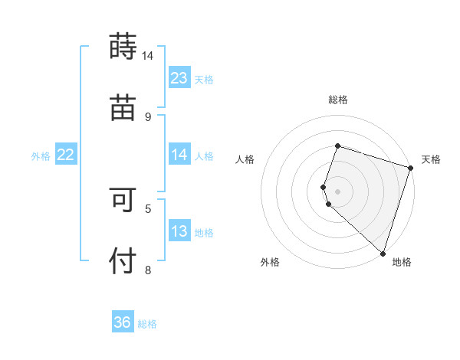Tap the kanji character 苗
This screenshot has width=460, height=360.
123,107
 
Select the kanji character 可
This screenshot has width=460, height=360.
123,199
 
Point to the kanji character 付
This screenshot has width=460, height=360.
123,260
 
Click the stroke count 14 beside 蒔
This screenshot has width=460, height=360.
147,56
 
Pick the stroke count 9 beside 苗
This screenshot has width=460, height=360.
148,116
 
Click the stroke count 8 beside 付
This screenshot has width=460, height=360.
148,269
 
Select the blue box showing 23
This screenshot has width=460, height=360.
179,78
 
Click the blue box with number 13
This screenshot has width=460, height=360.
179,231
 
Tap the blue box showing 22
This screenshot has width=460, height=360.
66,155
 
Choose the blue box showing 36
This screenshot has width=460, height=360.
123,322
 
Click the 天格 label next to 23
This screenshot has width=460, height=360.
204,79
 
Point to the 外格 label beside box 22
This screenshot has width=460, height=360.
41,155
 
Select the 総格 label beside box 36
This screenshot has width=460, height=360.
147,323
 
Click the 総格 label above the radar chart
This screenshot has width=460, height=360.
337,100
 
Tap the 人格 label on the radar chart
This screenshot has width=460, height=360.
245,159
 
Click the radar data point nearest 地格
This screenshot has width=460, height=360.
382,253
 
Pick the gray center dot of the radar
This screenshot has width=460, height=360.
337,191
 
